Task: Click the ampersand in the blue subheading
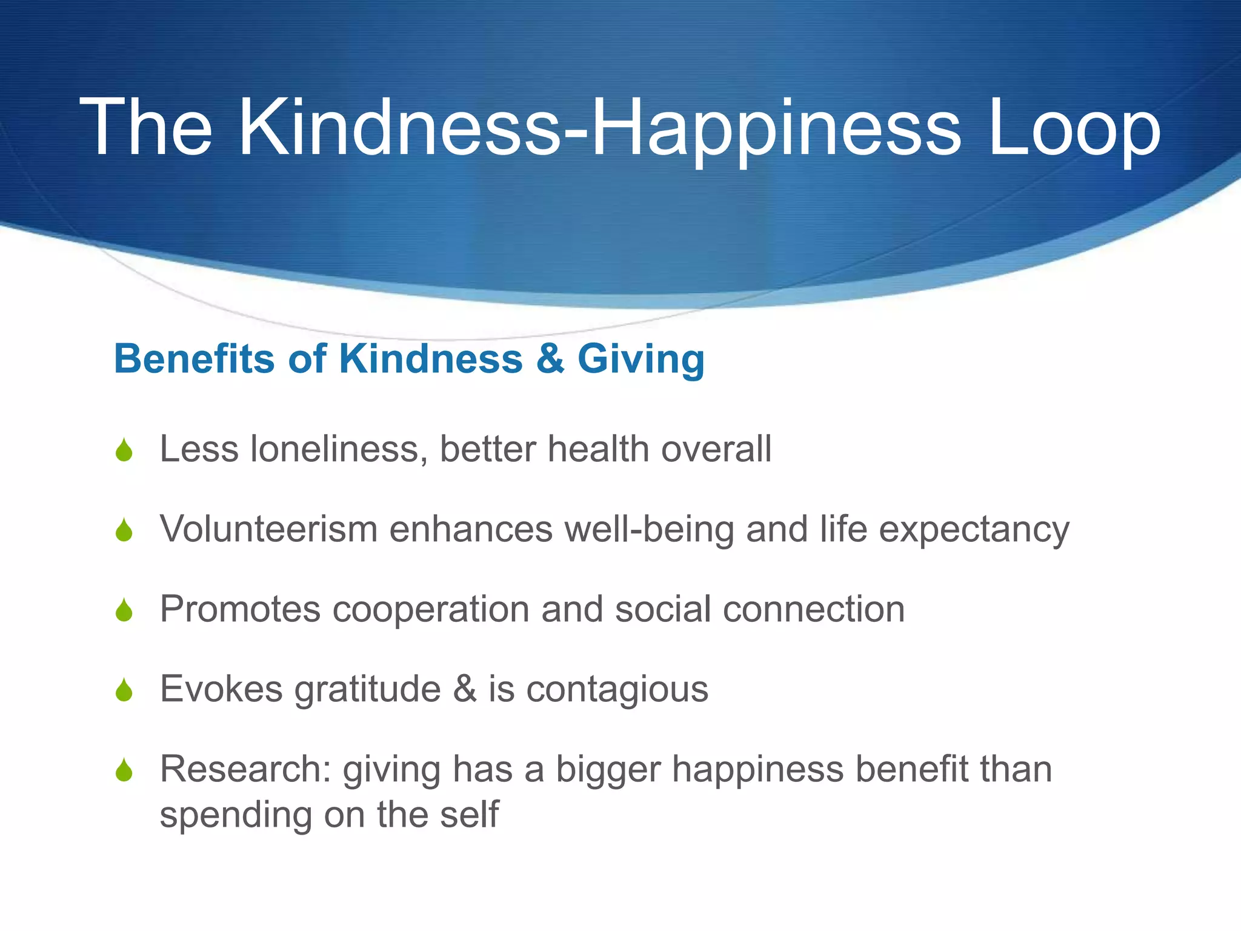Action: pyautogui.click(x=550, y=358)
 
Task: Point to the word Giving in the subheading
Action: pyautogui.click(x=641, y=359)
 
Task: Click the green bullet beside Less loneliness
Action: pyautogui.click(x=124, y=450)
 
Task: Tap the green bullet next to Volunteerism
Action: pyautogui.click(x=124, y=530)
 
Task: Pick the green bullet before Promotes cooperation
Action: pyautogui.click(x=124, y=610)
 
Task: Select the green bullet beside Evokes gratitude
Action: pyautogui.click(x=124, y=690)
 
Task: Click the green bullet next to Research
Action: pyautogui.click(x=124, y=770)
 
